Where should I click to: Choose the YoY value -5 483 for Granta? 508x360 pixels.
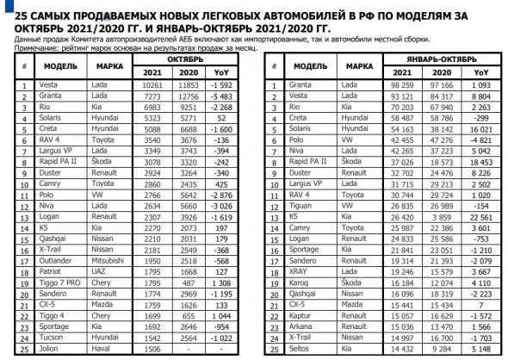(x=228, y=96)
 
